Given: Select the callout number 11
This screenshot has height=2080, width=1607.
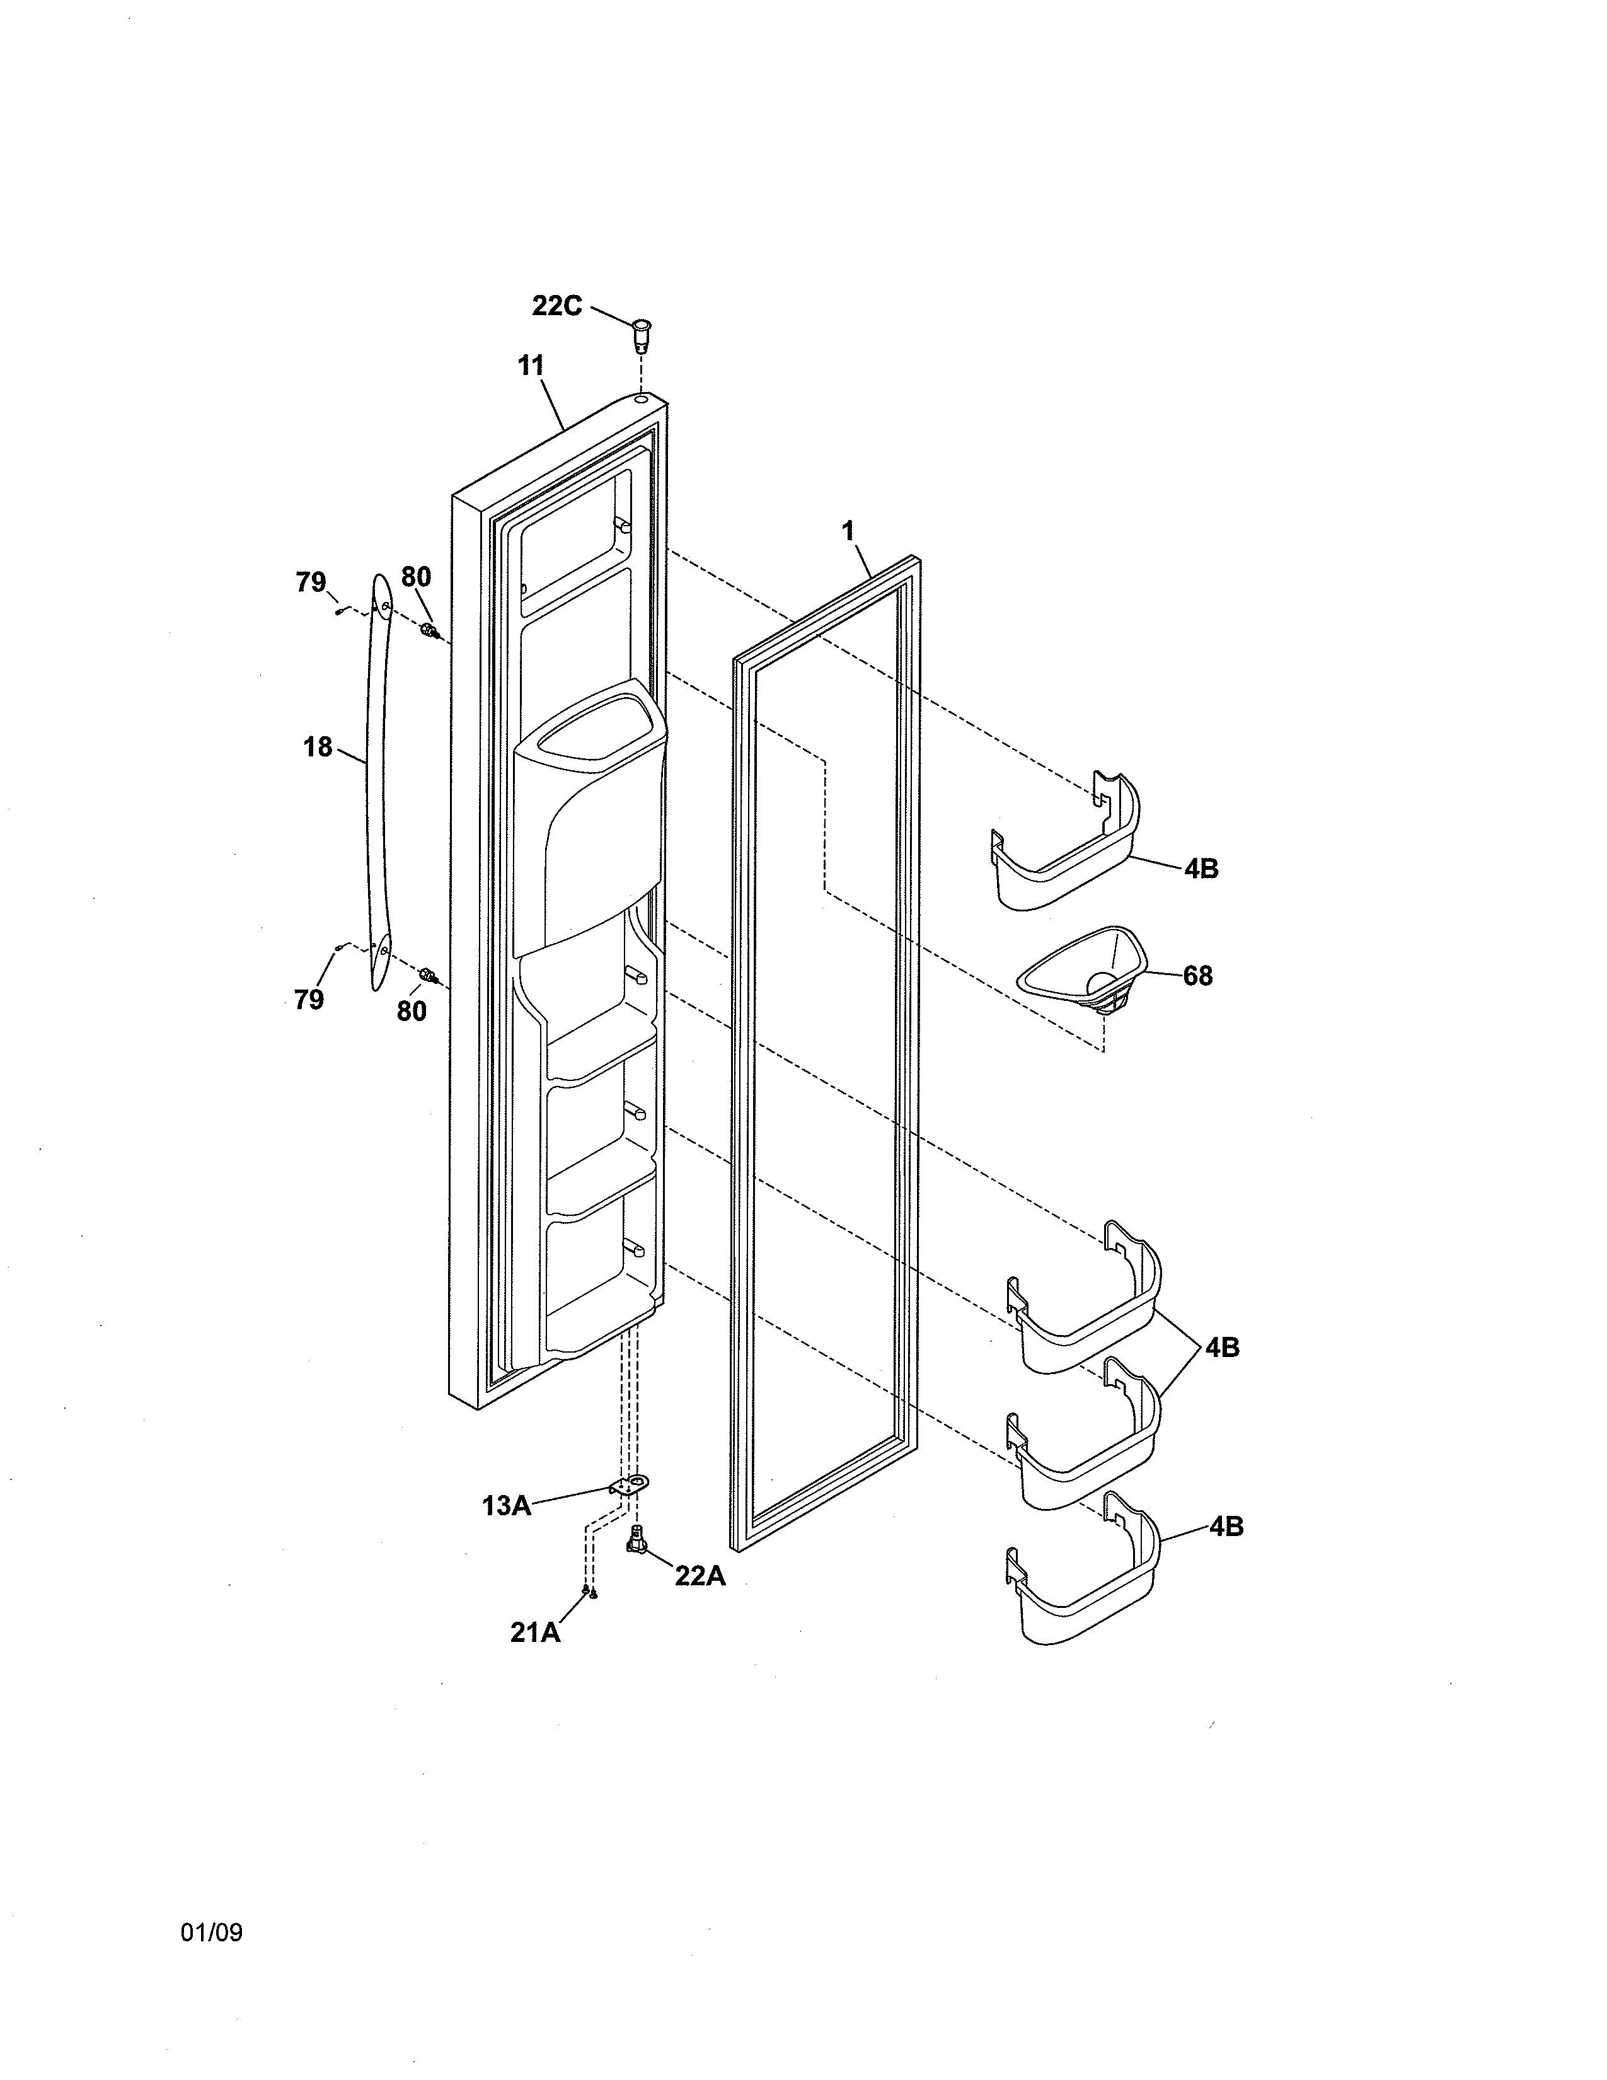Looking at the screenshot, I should pyautogui.click(x=530, y=365).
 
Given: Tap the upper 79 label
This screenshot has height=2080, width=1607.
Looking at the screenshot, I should pyautogui.click(x=310, y=582).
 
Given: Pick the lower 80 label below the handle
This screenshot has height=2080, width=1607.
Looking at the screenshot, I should pyautogui.click(x=412, y=1010).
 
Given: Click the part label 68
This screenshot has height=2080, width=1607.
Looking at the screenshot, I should pyautogui.click(x=1197, y=976).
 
